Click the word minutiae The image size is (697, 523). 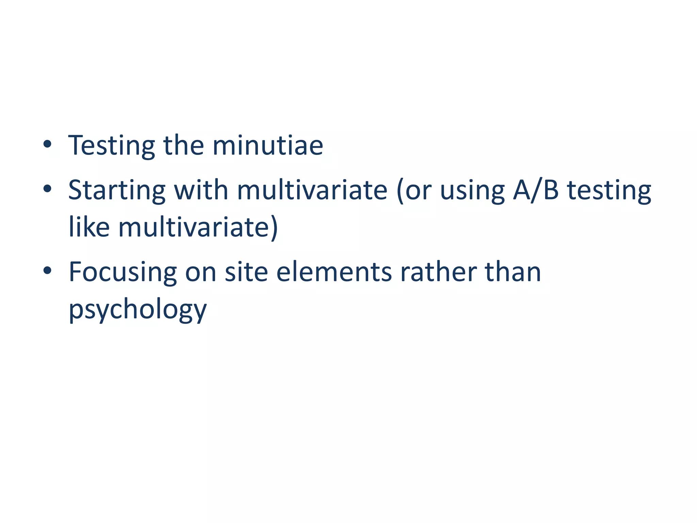[268, 145]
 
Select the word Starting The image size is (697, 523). [117, 191]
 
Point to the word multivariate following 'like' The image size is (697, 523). [198, 227]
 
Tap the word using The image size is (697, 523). [472, 191]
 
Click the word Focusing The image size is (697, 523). [123, 272]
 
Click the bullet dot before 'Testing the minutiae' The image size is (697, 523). [48, 144]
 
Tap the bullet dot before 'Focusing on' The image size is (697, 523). [48, 271]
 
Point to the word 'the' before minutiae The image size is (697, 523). [184, 145]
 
